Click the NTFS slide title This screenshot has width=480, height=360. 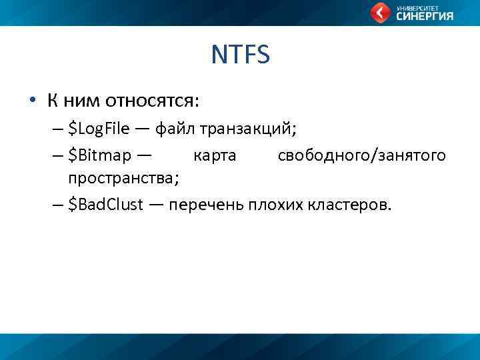tap(240, 55)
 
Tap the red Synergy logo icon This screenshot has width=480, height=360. tap(381, 12)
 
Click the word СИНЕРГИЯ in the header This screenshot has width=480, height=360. tap(425, 17)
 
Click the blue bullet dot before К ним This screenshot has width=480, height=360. tap(31, 101)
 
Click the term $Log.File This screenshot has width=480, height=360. tap(100, 129)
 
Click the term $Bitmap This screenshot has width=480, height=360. tap(100, 155)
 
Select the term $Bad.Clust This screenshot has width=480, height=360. tap(105, 205)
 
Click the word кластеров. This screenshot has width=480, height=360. tap(351, 205)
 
